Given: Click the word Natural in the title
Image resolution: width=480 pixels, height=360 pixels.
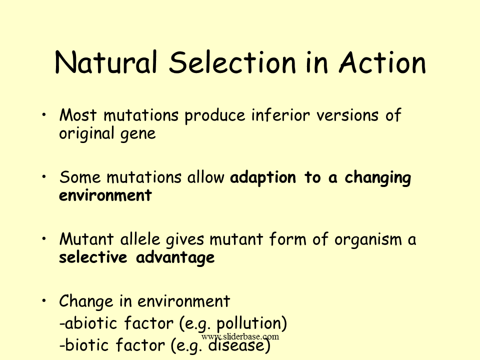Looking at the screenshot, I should click(x=106, y=63).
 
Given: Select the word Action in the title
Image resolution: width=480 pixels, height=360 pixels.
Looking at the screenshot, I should click(x=382, y=63).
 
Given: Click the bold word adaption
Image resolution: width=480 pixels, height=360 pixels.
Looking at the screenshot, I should click(x=263, y=178).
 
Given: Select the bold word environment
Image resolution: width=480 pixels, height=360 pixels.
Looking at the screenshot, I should click(x=105, y=195).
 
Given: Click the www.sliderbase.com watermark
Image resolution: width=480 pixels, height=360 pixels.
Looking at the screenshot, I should click(x=240, y=337).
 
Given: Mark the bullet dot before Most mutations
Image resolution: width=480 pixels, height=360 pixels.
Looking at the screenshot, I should click(x=44, y=115).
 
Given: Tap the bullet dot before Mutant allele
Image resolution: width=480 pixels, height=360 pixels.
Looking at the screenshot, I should click(x=44, y=239).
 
